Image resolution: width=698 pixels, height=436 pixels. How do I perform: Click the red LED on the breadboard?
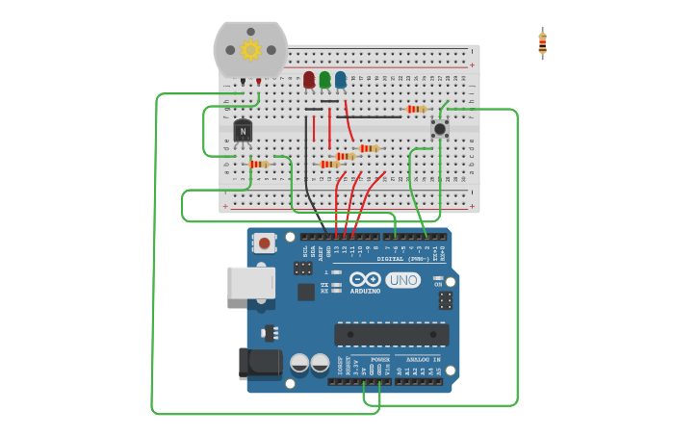point(309,80)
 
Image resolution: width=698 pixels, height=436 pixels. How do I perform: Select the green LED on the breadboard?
point(324,80)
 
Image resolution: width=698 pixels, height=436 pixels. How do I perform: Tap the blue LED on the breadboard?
point(340,80)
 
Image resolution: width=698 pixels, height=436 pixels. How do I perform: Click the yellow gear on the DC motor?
point(250,50)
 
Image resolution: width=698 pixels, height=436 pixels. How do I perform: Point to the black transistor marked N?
point(243,131)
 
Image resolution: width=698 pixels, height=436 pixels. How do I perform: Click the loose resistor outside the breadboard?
point(542,43)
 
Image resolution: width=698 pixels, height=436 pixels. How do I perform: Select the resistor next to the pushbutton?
point(416,110)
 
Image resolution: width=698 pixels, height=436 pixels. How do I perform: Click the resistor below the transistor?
point(258,165)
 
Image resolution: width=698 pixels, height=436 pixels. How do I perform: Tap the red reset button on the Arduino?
point(265,244)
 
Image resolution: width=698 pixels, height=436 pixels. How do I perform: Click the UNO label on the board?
point(402,280)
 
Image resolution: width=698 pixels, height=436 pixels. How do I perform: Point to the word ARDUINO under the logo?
point(365,291)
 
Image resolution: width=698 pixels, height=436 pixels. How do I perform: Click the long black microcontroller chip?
point(391,334)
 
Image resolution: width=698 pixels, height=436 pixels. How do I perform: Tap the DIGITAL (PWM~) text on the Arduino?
point(403,259)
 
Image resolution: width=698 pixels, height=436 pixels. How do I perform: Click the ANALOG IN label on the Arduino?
point(418,359)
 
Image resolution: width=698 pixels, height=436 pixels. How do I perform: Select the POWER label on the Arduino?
point(379,359)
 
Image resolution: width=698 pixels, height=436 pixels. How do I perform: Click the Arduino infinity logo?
point(365,279)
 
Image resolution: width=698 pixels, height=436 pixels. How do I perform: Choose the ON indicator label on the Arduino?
point(438,284)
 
